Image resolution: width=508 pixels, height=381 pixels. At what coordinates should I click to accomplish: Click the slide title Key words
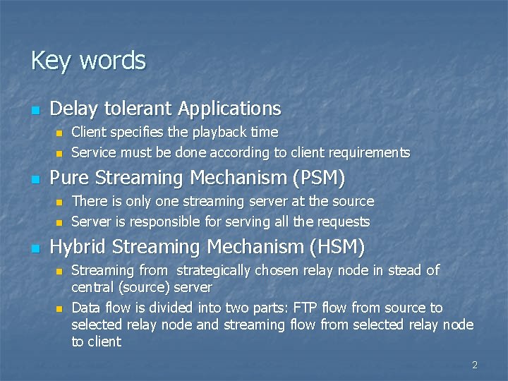point(88,61)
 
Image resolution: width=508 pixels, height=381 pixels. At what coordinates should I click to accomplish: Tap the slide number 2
point(475,365)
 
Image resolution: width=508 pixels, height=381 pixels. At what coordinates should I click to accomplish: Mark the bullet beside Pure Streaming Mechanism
point(35,180)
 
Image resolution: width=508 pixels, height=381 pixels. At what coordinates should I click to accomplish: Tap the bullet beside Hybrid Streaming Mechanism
point(35,249)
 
